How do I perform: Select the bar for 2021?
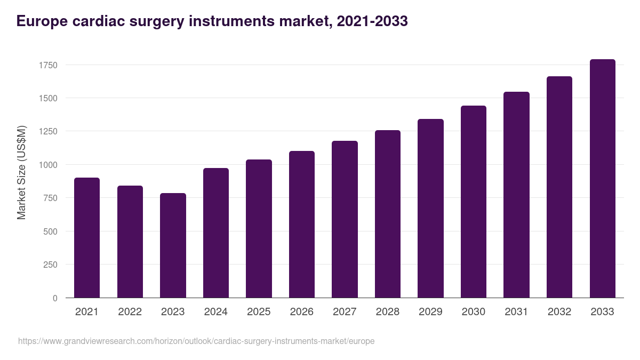(x=87, y=238)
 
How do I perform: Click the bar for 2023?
(x=173, y=245)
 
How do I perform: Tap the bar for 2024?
(x=216, y=233)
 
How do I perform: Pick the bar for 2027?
(x=345, y=219)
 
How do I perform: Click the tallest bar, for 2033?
(x=602, y=179)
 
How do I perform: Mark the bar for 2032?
(x=559, y=187)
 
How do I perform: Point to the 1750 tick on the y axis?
(x=48, y=65)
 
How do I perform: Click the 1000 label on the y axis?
(x=48, y=165)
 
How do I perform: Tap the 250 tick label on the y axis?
(x=50, y=265)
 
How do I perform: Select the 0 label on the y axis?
(x=55, y=298)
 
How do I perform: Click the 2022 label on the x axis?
(x=130, y=312)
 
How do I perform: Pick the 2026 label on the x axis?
(x=301, y=312)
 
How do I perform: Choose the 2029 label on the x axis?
(x=430, y=312)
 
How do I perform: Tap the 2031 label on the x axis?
(x=516, y=312)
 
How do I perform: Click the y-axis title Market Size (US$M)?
(x=21, y=172)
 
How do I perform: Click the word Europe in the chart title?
(x=41, y=21)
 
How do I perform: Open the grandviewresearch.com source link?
(x=196, y=341)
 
